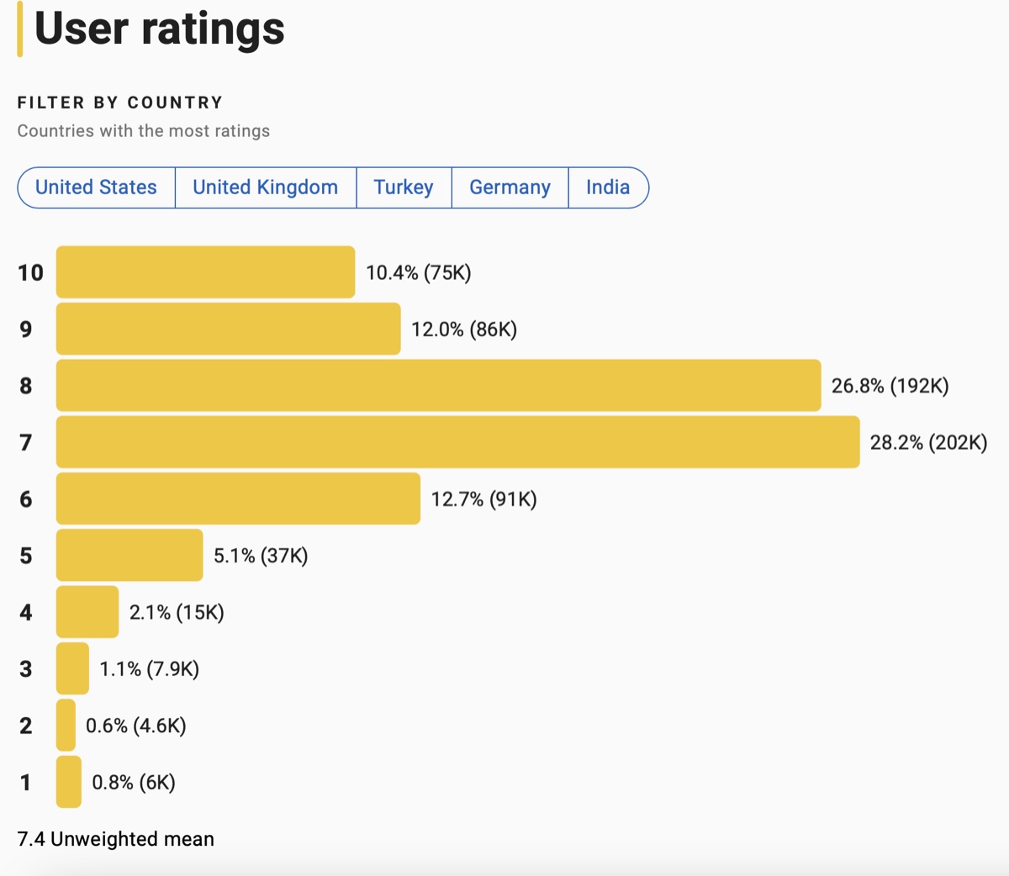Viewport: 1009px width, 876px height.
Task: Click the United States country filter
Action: (96, 187)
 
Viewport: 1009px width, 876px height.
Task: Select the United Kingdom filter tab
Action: (265, 187)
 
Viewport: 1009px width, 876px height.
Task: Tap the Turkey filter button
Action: (404, 187)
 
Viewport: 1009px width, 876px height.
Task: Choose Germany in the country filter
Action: (510, 187)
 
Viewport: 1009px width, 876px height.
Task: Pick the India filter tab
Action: (608, 187)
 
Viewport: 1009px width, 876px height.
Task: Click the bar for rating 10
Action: (205, 272)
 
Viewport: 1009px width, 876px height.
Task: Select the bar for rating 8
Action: (438, 386)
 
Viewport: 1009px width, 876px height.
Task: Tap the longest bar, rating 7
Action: (457, 442)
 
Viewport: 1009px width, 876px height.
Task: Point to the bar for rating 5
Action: (129, 555)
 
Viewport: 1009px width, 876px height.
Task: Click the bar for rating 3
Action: (72, 668)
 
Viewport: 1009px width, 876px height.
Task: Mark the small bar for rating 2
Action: (66, 725)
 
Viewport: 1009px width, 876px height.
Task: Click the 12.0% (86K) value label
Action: (464, 330)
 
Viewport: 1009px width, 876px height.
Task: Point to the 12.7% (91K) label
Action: (483, 499)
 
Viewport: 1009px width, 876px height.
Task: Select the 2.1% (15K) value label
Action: (177, 612)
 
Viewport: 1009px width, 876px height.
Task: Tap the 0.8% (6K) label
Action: (134, 783)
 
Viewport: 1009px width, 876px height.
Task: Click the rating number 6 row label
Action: (26, 499)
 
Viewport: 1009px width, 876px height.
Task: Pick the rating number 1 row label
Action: (26, 783)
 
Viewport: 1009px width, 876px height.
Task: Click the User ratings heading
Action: (160, 29)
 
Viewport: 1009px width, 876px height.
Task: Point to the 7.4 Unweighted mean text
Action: (116, 839)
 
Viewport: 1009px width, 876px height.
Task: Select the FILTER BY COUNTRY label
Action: (120, 103)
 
